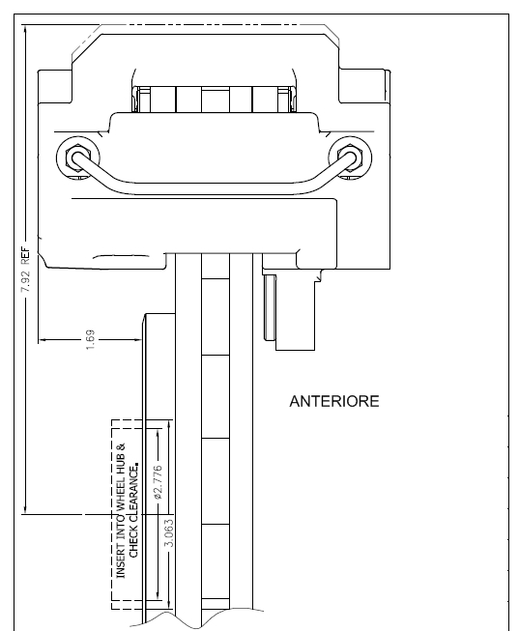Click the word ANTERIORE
click(x=334, y=402)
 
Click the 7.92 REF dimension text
click(x=25, y=270)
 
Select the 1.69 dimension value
click(x=91, y=339)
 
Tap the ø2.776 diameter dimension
click(x=158, y=482)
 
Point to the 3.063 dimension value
click(x=169, y=532)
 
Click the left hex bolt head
click(x=77, y=158)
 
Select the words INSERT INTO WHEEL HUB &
click(x=121, y=510)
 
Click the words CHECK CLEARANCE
click(x=134, y=510)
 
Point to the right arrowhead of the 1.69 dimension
click(x=138, y=339)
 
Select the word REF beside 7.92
click(x=25, y=255)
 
